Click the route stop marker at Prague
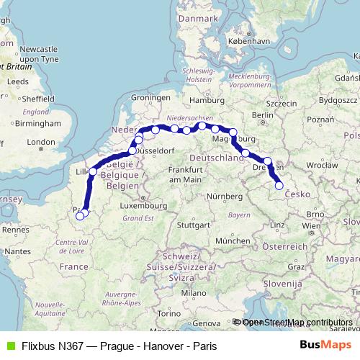coord(279,186)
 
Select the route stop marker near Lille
coord(93,172)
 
